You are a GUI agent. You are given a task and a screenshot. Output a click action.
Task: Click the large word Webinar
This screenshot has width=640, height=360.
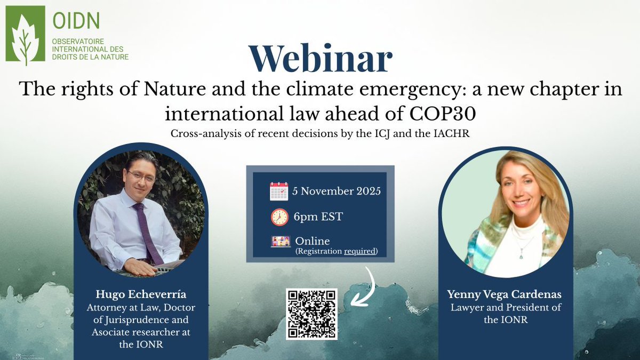click(x=320, y=59)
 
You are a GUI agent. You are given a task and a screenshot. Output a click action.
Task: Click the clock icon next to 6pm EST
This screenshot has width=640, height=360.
click(x=279, y=217)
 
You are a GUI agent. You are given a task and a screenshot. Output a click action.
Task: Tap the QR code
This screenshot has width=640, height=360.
click(x=311, y=314)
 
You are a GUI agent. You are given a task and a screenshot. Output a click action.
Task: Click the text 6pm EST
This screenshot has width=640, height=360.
click(x=318, y=217)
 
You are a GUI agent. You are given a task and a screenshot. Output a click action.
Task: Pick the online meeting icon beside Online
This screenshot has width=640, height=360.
click(x=281, y=241)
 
